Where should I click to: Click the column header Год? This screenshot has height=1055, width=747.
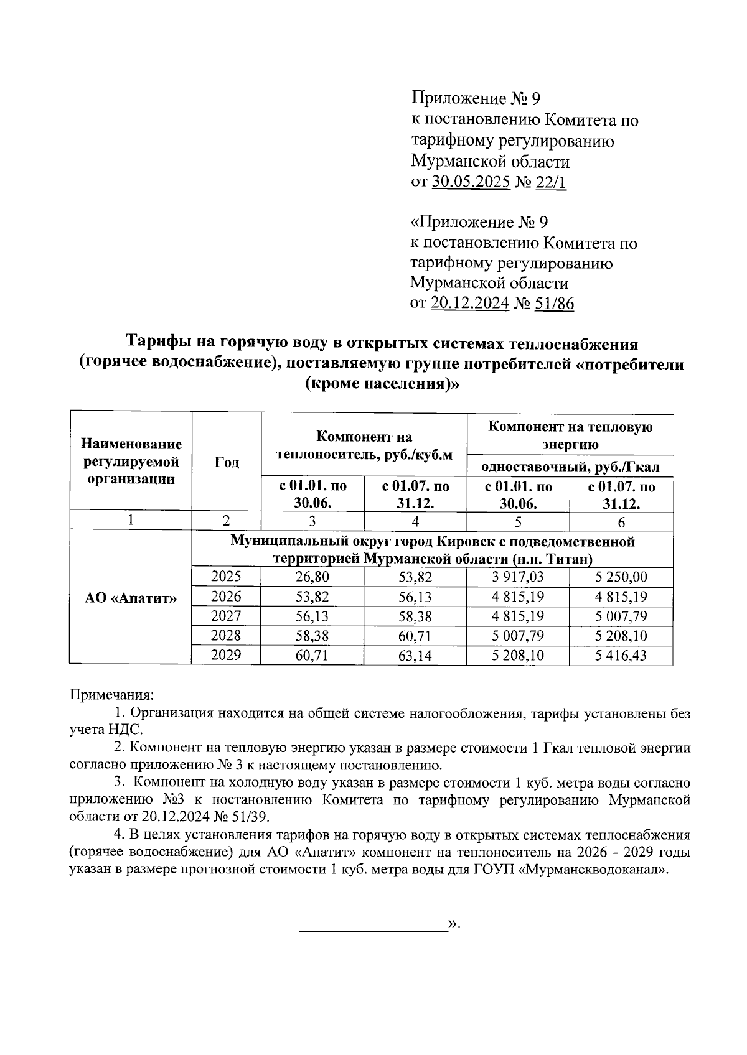227,462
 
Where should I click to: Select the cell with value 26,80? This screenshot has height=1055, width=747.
312,577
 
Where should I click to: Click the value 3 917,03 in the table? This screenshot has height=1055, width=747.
518,577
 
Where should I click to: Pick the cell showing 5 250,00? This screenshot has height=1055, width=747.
621,577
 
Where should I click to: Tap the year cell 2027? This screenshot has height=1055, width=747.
226,616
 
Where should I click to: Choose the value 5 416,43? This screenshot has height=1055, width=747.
621,656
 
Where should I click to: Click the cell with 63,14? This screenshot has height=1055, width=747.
415,656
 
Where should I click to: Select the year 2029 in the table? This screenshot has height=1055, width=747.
226,655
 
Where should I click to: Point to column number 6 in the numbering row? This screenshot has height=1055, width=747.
621,522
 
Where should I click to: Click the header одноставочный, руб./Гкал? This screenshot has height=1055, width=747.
570,467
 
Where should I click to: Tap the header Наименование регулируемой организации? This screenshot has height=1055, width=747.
131,462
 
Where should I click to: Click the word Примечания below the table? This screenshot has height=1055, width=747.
110,694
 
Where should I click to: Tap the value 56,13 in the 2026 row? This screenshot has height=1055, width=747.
415,597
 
